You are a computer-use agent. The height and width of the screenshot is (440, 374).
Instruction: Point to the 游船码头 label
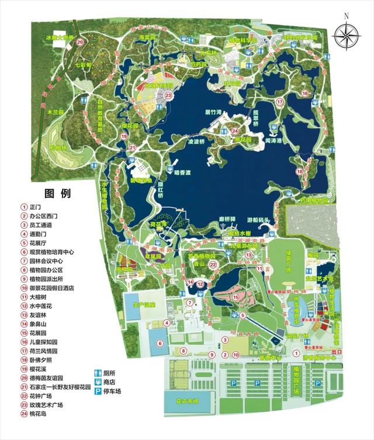(258, 220)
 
